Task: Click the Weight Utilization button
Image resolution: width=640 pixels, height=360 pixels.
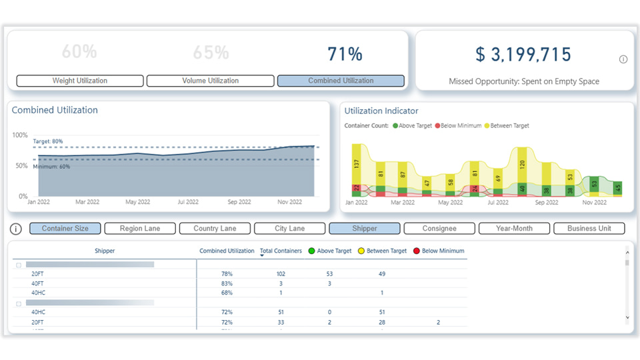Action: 80,81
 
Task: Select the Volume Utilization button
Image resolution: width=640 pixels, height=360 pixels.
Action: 210,81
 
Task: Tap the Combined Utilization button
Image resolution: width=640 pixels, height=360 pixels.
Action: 341,81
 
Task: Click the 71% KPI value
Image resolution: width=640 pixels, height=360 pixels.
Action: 345,54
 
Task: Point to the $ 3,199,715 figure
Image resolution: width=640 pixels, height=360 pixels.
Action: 523,54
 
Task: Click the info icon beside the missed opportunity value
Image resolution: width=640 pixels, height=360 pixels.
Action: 623,59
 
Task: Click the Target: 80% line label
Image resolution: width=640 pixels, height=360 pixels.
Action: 48,141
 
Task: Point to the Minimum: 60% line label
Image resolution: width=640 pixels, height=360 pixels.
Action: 51,167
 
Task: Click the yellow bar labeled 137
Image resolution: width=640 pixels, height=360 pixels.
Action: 357,163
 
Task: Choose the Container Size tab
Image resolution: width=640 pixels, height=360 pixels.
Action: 65,228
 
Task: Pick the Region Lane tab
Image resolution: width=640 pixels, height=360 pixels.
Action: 140,228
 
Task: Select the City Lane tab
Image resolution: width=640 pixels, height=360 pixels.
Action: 289,228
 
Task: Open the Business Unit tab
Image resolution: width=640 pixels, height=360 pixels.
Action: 589,228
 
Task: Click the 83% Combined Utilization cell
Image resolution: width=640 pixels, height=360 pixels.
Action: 227,284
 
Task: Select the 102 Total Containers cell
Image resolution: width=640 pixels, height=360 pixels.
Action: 281,274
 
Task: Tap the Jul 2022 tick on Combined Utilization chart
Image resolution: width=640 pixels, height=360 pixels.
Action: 187,201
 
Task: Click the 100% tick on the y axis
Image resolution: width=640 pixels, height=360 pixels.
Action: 20,135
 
